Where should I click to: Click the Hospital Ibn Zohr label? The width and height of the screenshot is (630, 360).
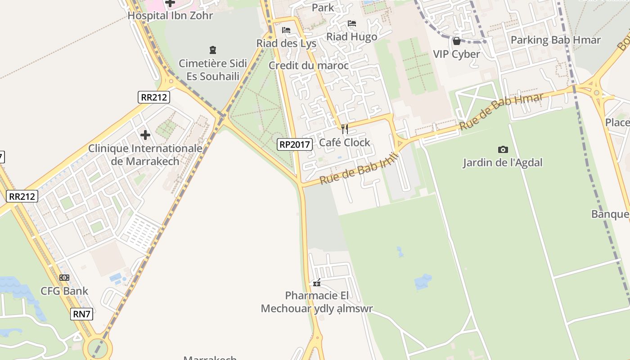(x=170, y=16)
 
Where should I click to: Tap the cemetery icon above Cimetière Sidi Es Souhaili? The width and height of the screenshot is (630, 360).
(x=213, y=49)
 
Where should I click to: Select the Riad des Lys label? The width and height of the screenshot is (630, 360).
(x=287, y=44)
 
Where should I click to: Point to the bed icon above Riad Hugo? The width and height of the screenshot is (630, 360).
(x=352, y=23)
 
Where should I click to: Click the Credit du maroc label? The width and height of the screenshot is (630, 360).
(x=309, y=66)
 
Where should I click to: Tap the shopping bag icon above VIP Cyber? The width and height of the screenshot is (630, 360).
(x=457, y=41)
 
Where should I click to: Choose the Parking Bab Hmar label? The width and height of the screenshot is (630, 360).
(x=555, y=40)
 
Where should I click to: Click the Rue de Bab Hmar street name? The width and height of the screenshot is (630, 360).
(x=502, y=111)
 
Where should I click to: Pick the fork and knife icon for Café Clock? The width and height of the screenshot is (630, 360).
(x=345, y=130)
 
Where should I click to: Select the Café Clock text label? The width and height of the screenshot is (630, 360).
(x=345, y=143)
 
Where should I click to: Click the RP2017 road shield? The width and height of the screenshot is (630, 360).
(x=295, y=144)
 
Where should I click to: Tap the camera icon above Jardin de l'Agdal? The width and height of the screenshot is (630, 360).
(x=503, y=149)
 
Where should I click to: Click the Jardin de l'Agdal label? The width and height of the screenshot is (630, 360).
(x=503, y=162)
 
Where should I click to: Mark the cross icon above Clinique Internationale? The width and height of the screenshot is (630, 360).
(x=145, y=135)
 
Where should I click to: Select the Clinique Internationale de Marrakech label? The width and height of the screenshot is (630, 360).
(x=145, y=155)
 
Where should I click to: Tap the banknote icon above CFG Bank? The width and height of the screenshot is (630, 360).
(x=64, y=278)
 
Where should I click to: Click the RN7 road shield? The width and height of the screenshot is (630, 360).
(x=82, y=314)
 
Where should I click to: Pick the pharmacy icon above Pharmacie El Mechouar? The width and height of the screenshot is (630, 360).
(x=317, y=283)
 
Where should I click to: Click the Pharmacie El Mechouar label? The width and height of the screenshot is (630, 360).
(x=317, y=302)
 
